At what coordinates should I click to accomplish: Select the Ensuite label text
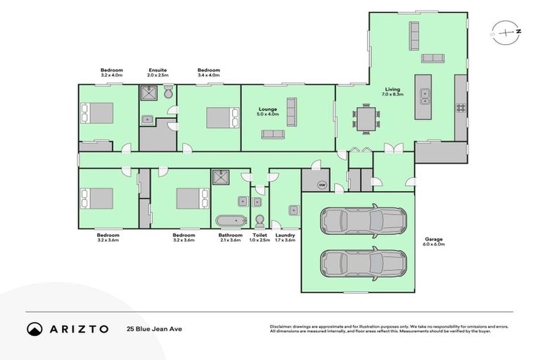coord(157,70)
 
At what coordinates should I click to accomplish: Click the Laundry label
coord(285,235)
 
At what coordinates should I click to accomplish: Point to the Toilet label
coord(259,235)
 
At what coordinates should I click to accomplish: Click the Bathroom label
coord(230,235)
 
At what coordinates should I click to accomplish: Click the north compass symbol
coord(505,32)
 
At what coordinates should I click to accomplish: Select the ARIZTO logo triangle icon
coord(34,328)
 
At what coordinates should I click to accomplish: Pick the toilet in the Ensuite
coord(169,94)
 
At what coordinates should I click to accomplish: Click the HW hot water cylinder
coord(322,185)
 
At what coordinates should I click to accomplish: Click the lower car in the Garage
coord(363,264)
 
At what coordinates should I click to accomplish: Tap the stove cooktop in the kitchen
coord(461,108)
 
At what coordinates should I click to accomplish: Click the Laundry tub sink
coord(293,209)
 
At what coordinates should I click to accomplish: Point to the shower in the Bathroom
coord(221,176)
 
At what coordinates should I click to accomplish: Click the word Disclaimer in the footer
coord(281,327)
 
